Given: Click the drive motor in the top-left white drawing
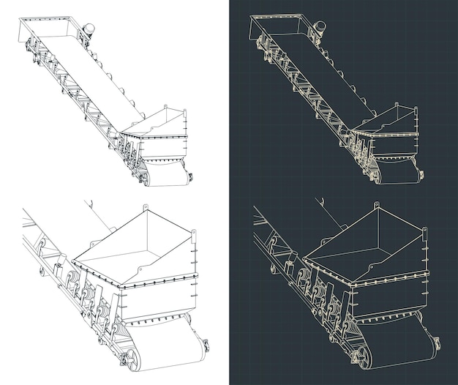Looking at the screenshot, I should (x=89, y=29).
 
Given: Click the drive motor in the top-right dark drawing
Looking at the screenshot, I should (x=320, y=28).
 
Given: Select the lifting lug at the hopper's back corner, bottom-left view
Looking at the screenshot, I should (x=145, y=208).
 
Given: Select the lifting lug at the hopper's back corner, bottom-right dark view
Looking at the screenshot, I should (x=377, y=208).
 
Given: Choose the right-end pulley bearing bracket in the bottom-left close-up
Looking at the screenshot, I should (x=205, y=345).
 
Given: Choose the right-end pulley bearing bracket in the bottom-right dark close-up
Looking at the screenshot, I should (x=437, y=343).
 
